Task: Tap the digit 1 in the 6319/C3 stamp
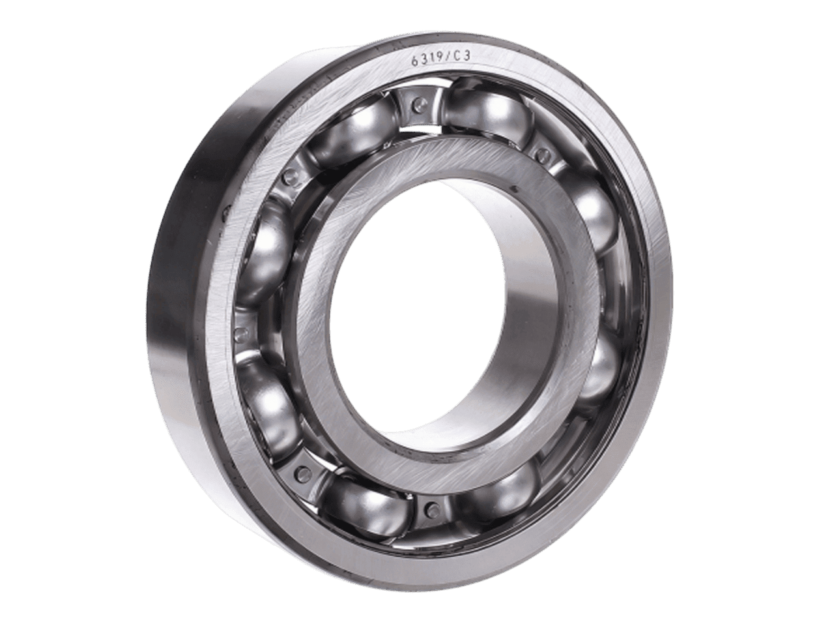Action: (432, 59)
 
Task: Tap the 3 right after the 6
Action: (424, 59)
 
